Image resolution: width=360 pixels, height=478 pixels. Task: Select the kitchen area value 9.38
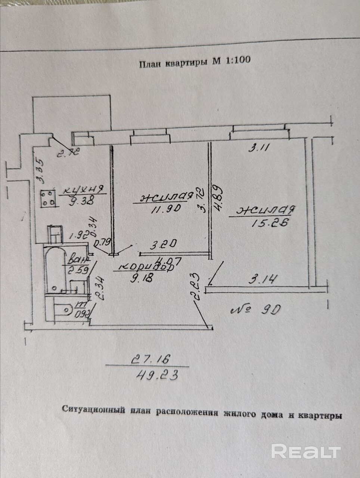click(x=81, y=202)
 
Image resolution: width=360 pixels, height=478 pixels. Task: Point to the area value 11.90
click(x=166, y=208)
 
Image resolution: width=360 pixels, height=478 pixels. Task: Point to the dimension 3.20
click(x=163, y=246)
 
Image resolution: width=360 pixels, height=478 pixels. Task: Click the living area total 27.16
click(x=150, y=360)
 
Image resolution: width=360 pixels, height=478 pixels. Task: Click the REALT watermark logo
click(x=306, y=451)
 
